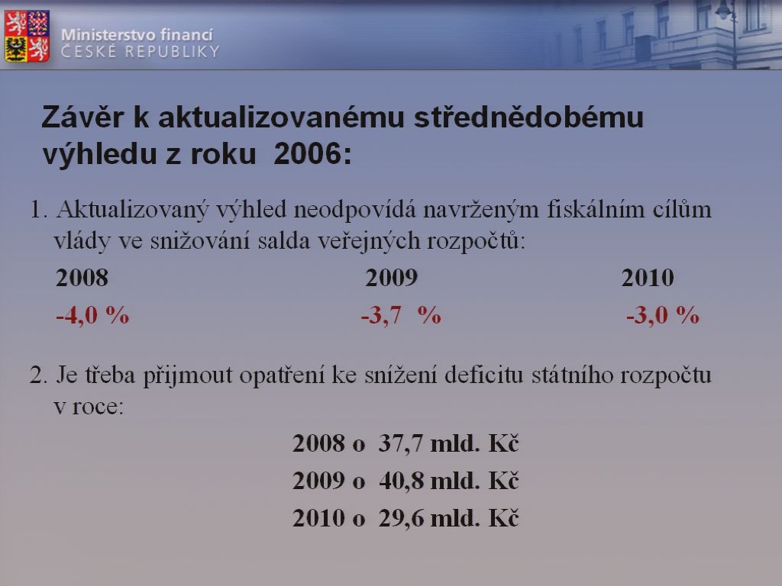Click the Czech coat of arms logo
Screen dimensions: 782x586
tap(27, 37)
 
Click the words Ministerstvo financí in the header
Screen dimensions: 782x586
tap(137, 35)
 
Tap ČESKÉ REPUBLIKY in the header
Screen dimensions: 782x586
tap(141, 52)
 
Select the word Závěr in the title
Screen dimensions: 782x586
tap(82, 118)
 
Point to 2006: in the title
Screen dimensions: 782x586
tap(312, 153)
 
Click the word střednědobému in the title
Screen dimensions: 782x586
tap(528, 118)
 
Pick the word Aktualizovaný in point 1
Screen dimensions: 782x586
tap(132, 211)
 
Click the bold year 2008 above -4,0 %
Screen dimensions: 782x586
tap(82, 278)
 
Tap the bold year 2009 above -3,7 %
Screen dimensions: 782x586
tap(392, 278)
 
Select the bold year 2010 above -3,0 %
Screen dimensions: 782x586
tap(648, 278)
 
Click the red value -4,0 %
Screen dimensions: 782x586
tap(92, 315)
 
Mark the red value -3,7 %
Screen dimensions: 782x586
tap(401, 315)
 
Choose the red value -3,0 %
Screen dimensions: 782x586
tap(663, 315)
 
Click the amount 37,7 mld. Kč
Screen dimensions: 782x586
tap(449, 443)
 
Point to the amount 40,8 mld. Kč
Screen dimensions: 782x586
tap(449, 481)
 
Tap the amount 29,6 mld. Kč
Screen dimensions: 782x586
tap(449, 518)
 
